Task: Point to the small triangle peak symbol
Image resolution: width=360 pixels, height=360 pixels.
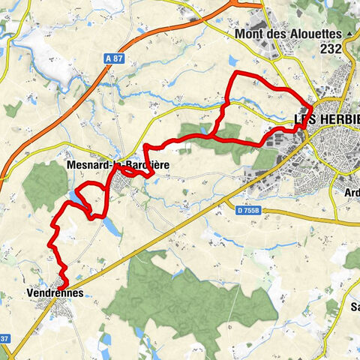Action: tap(349, 34)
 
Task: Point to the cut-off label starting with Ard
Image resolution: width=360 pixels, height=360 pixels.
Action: tap(349, 189)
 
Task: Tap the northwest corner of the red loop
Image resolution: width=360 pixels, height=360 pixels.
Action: tap(237, 73)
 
